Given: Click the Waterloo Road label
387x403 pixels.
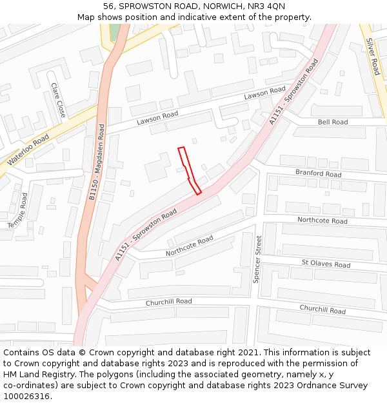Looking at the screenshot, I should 28,150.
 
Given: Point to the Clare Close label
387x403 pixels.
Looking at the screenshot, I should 58,100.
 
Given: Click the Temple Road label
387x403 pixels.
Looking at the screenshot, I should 18,210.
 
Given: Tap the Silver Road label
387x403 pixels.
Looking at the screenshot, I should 372,56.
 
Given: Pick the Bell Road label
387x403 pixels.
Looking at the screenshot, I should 333,122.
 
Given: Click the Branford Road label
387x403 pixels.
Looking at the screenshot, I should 318,173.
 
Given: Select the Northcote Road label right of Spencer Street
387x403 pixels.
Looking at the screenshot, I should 322,221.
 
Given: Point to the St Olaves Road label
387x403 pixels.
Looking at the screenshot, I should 326,264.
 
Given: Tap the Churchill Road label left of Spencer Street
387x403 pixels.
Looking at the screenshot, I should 168,302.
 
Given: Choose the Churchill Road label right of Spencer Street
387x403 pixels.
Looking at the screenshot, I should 322,310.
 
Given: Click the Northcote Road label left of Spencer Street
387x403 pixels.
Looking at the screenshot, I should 189,246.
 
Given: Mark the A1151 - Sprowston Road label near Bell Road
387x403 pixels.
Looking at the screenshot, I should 293,92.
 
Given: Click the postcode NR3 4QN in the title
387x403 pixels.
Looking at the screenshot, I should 267,6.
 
